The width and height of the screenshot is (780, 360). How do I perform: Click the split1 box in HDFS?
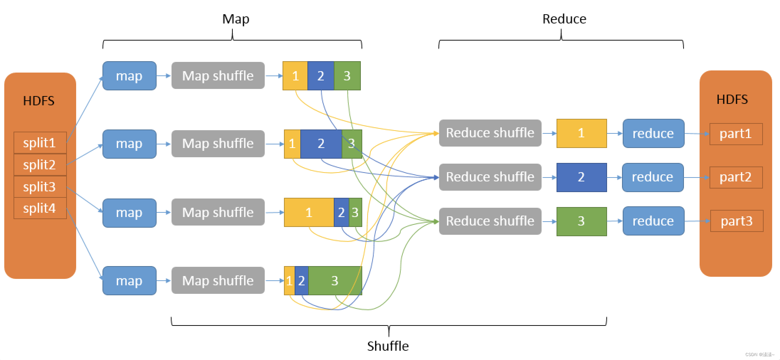pos(40,143)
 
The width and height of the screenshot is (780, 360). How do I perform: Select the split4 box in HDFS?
pos(40,208)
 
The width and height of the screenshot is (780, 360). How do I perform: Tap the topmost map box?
pos(130,76)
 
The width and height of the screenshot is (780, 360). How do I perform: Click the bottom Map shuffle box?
pos(218,280)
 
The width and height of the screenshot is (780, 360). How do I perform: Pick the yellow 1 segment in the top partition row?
pos(295,76)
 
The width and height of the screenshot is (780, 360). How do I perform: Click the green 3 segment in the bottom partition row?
pos(335,281)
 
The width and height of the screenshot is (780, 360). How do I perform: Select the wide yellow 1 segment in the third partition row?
pos(309,212)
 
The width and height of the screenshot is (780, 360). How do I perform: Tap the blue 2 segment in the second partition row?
pos(321,144)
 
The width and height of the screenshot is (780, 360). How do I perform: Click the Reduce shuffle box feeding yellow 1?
pos(490,133)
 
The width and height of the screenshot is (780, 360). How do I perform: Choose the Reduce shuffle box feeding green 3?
pos(490,221)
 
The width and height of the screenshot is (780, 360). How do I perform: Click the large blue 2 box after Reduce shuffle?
pos(581,178)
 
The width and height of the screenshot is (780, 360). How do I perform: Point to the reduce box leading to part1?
pos(653,133)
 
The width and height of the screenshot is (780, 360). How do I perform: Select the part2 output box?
pos(736,178)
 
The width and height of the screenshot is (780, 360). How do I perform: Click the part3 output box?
pos(737,221)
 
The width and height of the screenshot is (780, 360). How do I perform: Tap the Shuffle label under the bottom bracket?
pos(388,346)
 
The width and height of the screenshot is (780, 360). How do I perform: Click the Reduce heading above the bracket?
pos(564,19)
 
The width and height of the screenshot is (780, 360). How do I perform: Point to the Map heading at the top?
pos(236,19)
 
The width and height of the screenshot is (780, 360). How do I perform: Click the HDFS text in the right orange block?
pos(732,100)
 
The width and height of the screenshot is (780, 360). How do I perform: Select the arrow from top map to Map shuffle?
pos(164,76)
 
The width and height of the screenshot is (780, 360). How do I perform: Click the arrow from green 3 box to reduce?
pos(615,221)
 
